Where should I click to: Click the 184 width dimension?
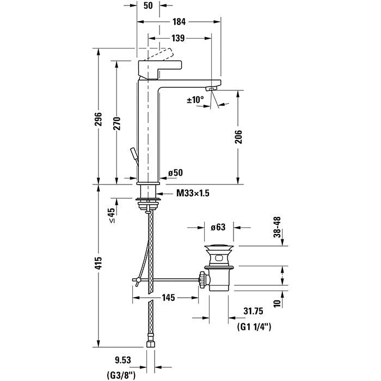[x=179, y=22]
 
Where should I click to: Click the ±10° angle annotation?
[x=195, y=100]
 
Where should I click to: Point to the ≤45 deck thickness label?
[x=111, y=216]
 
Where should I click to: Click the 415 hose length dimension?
[x=99, y=274]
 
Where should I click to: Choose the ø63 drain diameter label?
[x=218, y=227]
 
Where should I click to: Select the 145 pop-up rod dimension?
[x=167, y=298]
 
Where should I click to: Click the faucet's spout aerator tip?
[x=213, y=88]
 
